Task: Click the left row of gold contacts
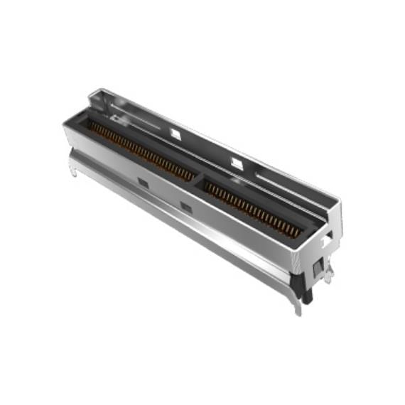[x=142, y=151]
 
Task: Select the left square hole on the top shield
[x=175, y=132]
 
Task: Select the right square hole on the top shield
[x=237, y=163]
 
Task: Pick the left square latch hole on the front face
[x=143, y=183]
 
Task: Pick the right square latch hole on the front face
[x=186, y=206]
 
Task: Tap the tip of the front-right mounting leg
[x=297, y=310]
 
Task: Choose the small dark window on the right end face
[x=315, y=264]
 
